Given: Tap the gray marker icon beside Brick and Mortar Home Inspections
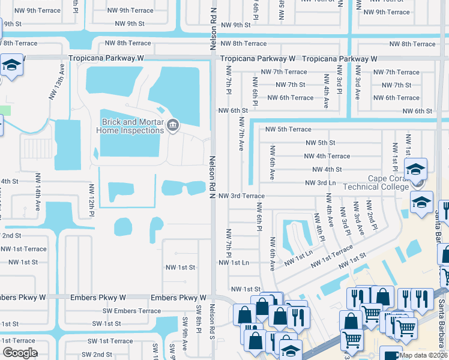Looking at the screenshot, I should pyautogui.click(x=173, y=125).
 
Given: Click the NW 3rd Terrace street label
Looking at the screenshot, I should pyautogui.click(x=241, y=196).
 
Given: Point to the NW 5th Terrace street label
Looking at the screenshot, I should pyautogui.click(x=288, y=130).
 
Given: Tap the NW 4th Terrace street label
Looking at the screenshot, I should pyautogui.click(x=327, y=156).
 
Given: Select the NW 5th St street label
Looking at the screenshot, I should pyautogui.click(x=320, y=143).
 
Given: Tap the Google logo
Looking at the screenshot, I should pyautogui.click(x=20, y=353).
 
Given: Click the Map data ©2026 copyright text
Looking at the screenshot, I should pyautogui.click(x=423, y=355).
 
